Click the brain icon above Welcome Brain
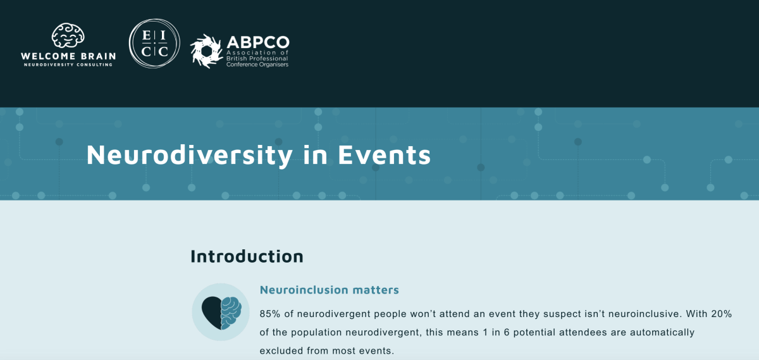[68, 35]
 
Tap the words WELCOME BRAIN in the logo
[68, 56]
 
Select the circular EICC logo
[154, 44]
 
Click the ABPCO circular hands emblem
[206, 51]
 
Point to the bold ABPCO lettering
[258, 42]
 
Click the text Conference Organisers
[257, 65]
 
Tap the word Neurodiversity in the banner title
[189, 155]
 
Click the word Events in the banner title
[385, 155]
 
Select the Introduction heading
[247, 256]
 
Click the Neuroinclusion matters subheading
[329, 290]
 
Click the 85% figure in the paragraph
[270, 314]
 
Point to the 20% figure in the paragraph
[722, 314]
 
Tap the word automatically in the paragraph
[662, 332]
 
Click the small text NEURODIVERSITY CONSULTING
[68, 65]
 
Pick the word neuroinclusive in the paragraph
[644, 314]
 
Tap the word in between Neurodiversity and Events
[315, 155]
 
